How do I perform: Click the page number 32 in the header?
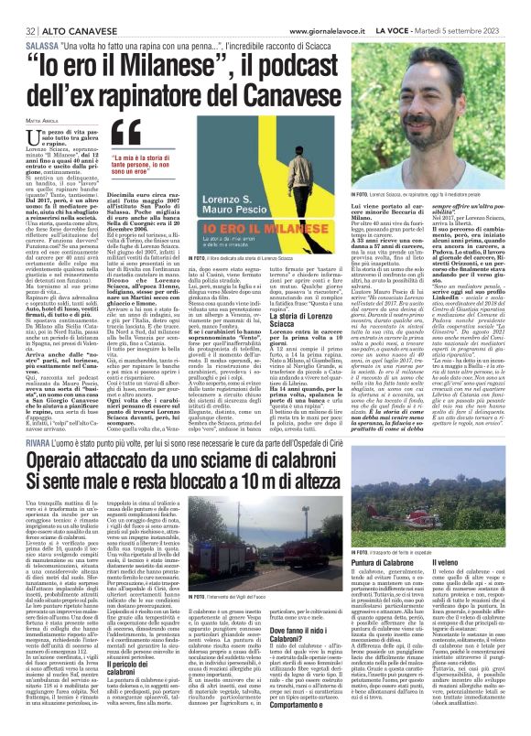(18, 8)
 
